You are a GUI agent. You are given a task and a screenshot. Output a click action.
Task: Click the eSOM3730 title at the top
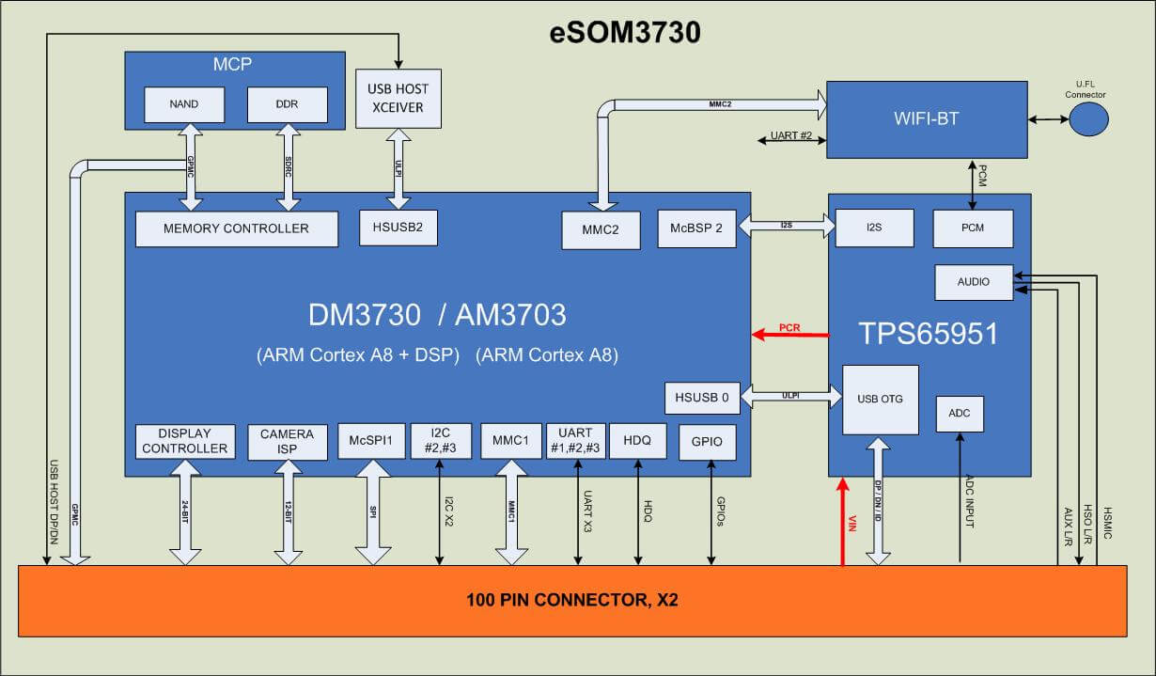click(x=625, y=32)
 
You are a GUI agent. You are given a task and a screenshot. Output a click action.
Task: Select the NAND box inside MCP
click(x=184, y=104)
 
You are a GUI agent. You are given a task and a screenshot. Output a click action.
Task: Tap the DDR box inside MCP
click(x=288, y=104)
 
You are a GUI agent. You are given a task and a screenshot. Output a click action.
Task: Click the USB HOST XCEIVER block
click(x=398, y=99)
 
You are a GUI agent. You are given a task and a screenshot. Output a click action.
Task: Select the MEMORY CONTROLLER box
click(x=236, y=228)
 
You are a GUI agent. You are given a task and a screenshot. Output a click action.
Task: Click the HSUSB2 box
click(x=398, y=228)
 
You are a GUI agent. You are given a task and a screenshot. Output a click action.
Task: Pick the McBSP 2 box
click(x=696, y=228)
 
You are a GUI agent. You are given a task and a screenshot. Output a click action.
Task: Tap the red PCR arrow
click(x=789, y=333)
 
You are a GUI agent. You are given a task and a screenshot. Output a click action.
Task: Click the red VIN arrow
click(x=843, y=522)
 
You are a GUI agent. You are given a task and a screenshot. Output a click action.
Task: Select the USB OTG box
click(x=880, y=400)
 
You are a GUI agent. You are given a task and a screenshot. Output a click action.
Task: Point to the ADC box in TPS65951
click(x=960, y=414)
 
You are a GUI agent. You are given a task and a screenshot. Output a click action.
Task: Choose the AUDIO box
click(x=974, y=282)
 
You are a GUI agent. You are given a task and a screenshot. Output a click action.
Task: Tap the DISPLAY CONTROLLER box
click(x=184, y=441)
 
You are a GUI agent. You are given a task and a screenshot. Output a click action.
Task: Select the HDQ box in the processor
click(x=637, y=440)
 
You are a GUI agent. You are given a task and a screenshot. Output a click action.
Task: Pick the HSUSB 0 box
click(x=701, y=398)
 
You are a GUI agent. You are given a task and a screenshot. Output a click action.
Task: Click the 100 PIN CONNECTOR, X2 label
click(x=572, y=599)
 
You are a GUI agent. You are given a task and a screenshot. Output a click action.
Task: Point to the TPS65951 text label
click(x=928, y=334)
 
